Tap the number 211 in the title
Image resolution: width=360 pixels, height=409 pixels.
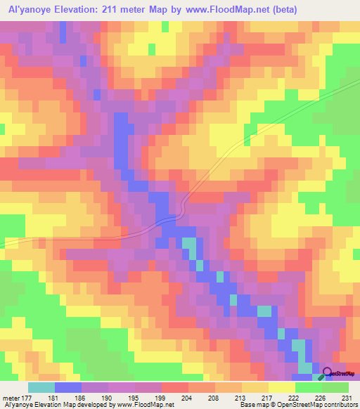tap(109, 9)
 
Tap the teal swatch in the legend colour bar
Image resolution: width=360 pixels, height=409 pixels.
tap(41, 387)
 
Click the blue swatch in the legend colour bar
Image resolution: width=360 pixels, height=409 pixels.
tap(68, 387)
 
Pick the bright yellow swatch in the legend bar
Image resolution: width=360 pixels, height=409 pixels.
tap(282, 387)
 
